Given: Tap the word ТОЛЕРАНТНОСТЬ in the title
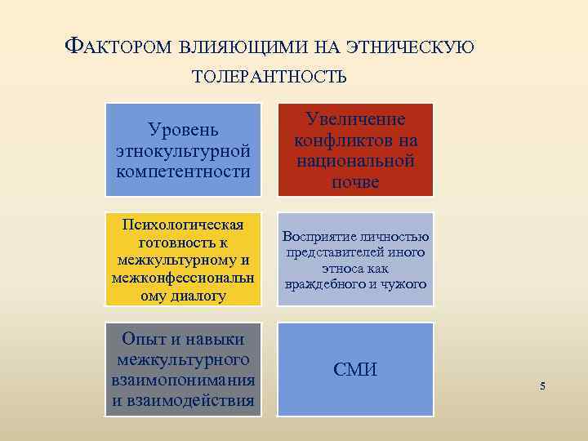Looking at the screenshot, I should point(269,78).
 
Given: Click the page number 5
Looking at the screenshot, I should point(542,385).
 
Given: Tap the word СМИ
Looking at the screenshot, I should point(355,370).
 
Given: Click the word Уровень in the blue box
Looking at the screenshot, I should point(183,130).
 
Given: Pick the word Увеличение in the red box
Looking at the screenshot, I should point(355,119).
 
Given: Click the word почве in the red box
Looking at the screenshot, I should point(355,181).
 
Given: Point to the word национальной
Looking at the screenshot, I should point(355,161).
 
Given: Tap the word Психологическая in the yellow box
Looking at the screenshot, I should point(184,225).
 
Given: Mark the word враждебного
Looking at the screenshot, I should point(326,284).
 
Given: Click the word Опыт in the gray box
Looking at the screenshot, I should point(144,339).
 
